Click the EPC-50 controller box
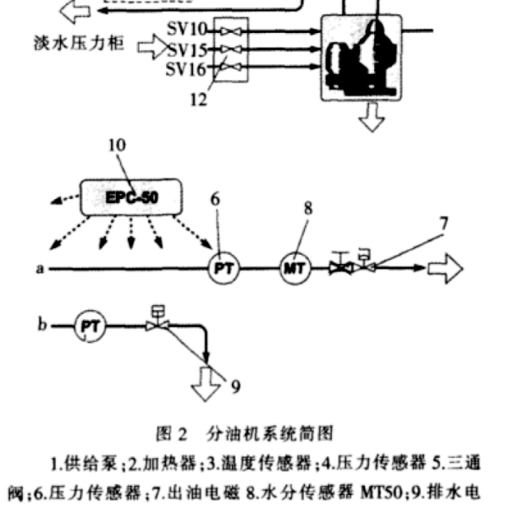131,197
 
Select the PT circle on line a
224,268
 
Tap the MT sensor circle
295,268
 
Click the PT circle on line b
90,326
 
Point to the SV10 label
186,29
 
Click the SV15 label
187,50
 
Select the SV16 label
185,69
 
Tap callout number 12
198,100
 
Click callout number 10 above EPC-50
117,145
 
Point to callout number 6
215,199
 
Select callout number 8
308,208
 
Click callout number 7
444,224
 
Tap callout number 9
235,387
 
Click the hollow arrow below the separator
372,117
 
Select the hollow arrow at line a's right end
445,269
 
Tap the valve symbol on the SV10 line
231,31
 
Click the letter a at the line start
40,268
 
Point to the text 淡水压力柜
79,43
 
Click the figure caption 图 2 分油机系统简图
245,433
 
